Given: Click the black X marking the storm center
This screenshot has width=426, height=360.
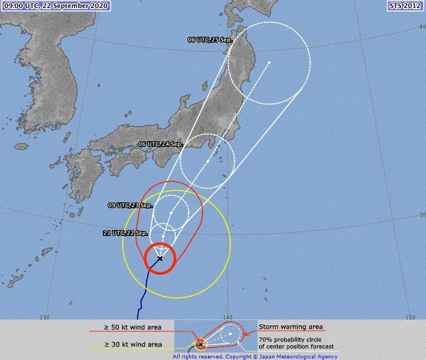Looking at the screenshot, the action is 160,258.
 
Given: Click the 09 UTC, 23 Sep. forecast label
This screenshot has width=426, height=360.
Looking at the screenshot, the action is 130,205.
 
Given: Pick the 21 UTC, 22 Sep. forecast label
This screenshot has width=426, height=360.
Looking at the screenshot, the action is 126,233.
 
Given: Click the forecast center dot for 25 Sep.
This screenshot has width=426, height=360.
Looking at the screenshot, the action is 269,63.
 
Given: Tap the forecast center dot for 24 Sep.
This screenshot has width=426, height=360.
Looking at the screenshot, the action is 208,161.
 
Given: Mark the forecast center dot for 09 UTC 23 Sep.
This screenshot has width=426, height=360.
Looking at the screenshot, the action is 171,213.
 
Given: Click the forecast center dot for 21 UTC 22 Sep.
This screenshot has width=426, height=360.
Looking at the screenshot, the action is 163,235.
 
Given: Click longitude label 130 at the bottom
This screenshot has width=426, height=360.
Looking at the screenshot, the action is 44,317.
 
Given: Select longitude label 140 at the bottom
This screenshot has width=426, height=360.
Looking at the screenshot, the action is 227,317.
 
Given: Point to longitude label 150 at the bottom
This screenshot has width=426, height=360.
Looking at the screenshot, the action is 409,317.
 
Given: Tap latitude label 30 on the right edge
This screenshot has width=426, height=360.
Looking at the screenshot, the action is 422,215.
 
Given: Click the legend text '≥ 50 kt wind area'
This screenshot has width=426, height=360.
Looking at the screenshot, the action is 133,326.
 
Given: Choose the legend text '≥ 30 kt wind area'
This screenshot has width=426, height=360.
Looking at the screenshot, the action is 133,345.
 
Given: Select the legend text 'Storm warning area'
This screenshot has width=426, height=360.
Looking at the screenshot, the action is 291,326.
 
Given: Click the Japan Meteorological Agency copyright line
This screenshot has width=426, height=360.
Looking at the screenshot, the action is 255,356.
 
